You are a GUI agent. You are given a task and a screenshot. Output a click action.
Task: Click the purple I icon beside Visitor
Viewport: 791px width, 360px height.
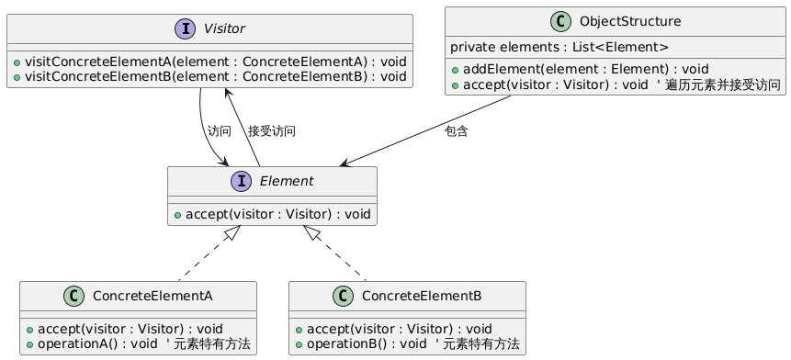click(185, 28)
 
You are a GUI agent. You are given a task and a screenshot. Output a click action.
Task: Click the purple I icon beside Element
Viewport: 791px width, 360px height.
click(241, 182)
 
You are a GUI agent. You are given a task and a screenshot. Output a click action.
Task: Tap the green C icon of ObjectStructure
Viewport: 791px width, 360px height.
click(561, 22)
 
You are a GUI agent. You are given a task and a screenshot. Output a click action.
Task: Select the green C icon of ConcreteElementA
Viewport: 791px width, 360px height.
click(73, 297)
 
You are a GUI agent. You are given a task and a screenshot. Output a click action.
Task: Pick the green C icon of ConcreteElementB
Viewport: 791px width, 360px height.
click(343, 297)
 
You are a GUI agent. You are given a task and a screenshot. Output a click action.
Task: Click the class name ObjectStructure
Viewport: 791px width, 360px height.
click(630, 22)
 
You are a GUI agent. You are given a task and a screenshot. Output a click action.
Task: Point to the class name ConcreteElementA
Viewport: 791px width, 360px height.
click(153, 297)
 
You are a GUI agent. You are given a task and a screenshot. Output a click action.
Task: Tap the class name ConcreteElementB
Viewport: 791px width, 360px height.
click(422, 297)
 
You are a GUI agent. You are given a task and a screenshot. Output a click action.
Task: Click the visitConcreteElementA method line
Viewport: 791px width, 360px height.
click(209, 62)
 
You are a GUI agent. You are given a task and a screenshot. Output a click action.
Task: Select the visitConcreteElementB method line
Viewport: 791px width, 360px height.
click(209, 76)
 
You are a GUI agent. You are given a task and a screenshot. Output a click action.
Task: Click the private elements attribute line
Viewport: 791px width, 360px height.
click(559, 48)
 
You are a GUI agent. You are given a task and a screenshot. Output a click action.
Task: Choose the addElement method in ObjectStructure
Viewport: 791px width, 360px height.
click(580, 69)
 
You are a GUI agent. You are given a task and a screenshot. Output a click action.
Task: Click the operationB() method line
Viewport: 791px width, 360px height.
click(408, 344)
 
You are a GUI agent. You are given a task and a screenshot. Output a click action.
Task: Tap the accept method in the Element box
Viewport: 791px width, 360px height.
click(273, 215)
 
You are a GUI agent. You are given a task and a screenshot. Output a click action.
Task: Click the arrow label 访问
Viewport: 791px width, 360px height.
click(219, 131)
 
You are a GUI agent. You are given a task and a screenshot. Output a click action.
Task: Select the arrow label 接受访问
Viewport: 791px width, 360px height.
click(271, 131)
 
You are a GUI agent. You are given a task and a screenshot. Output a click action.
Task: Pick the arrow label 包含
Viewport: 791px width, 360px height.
click(456, 131)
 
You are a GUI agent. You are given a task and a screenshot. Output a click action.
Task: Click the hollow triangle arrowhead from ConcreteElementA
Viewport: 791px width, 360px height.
click(232, 232)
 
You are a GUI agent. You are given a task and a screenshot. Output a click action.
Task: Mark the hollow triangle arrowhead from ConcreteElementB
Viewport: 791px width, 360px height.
click(311, 232)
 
